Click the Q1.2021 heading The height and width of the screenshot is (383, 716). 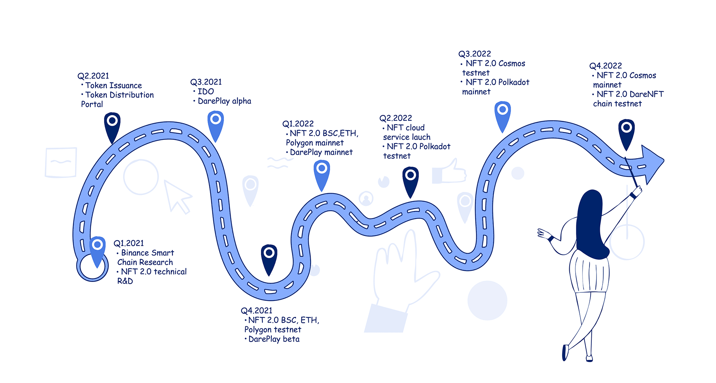coord(129,244)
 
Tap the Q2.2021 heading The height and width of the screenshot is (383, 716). coord(93,76)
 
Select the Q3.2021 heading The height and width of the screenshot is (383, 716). coord(206,82)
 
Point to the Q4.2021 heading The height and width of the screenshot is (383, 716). coord(256,311)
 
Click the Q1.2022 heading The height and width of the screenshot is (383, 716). coord(298,124)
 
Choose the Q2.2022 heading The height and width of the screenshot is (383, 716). coord(396,118)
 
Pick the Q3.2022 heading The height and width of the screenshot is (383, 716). coord(474,54)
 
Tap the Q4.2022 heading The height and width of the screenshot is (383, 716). coord(606,66)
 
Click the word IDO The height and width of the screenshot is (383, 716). coord(206,92)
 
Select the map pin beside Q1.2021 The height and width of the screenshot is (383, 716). coord(97,249)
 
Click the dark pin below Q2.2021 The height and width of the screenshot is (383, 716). coord(112,125)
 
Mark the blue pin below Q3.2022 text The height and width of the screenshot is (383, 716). coord(502,114)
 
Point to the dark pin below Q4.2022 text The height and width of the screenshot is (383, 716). coord(626,132)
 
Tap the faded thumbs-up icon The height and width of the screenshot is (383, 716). coord(450,172)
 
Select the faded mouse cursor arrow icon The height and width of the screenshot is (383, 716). coord(177,196)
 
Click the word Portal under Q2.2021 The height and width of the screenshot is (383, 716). coord(92,104)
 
